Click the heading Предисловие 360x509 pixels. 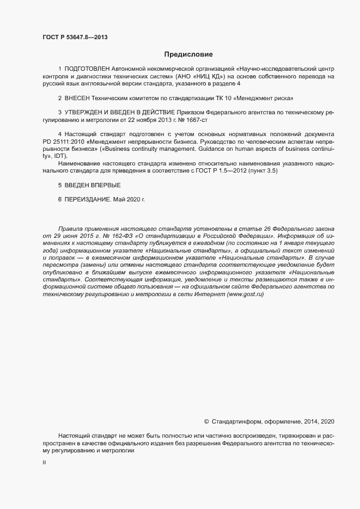coord(188,54)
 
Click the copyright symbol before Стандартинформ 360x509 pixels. coord(206,421)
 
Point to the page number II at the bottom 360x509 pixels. coord(44,462)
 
